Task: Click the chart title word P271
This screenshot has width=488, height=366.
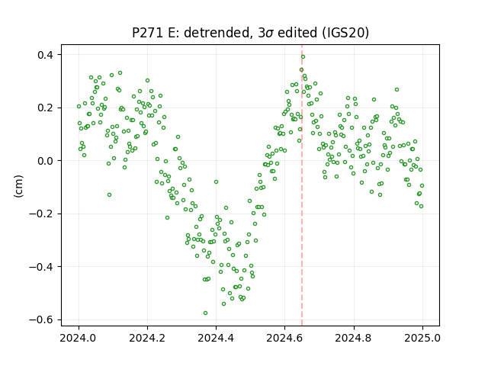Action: pyautogui.click(x=147, y=33)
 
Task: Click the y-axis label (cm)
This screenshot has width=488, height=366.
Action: pyautogui.click(x=18, y=186)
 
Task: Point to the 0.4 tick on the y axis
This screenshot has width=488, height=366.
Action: pyautogui.click(x=45, y=55)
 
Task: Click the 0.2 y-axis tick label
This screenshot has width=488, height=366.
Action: pyautogui.click(x=45, y=108)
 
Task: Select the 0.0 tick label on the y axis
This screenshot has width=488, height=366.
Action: pyautogui.click(x=45, y=161)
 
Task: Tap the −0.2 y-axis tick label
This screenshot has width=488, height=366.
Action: pyautogui.click(x=41, y=213)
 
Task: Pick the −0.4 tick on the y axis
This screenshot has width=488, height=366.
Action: pyautogui.click(x=41, y=267)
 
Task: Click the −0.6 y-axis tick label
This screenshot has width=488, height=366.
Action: pyautogui.click(x=41, y=319)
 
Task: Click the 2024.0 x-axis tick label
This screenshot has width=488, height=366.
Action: pyautogui.click(x=79, y=338)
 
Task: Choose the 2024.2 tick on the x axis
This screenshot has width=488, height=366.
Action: pyautogui.click(x=147, y=338)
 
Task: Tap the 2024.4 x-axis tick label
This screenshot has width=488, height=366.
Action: pyautogui.click(x=216, y=338)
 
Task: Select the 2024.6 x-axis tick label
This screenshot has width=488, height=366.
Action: pyautogui.click(x=284, y=338)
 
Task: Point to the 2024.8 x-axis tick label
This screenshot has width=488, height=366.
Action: pyautogui.click(x=353, y=338)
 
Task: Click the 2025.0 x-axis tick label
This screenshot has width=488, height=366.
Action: pyautogui.click(x=422, y=338)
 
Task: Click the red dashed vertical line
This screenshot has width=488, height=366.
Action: pyautogui.click(x=302, y=185)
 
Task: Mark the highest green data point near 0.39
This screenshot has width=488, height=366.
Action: pyautogui.click(x=303, y=56)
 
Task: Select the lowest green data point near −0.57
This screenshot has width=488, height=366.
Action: pyautogui.click(x=205, y=313)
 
